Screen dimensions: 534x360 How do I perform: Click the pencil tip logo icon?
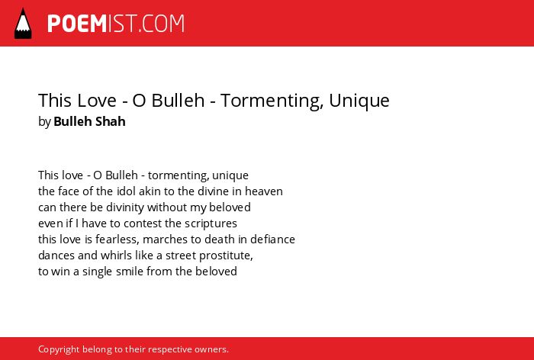pos(23,24)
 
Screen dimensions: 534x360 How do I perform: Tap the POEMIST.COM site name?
pos(116,24)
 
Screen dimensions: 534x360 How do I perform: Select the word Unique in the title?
pos(359,101)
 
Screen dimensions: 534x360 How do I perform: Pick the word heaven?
pos(264,191)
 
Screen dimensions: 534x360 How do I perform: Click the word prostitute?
pos(226,256)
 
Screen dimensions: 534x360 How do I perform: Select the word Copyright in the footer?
pos(59,349)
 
